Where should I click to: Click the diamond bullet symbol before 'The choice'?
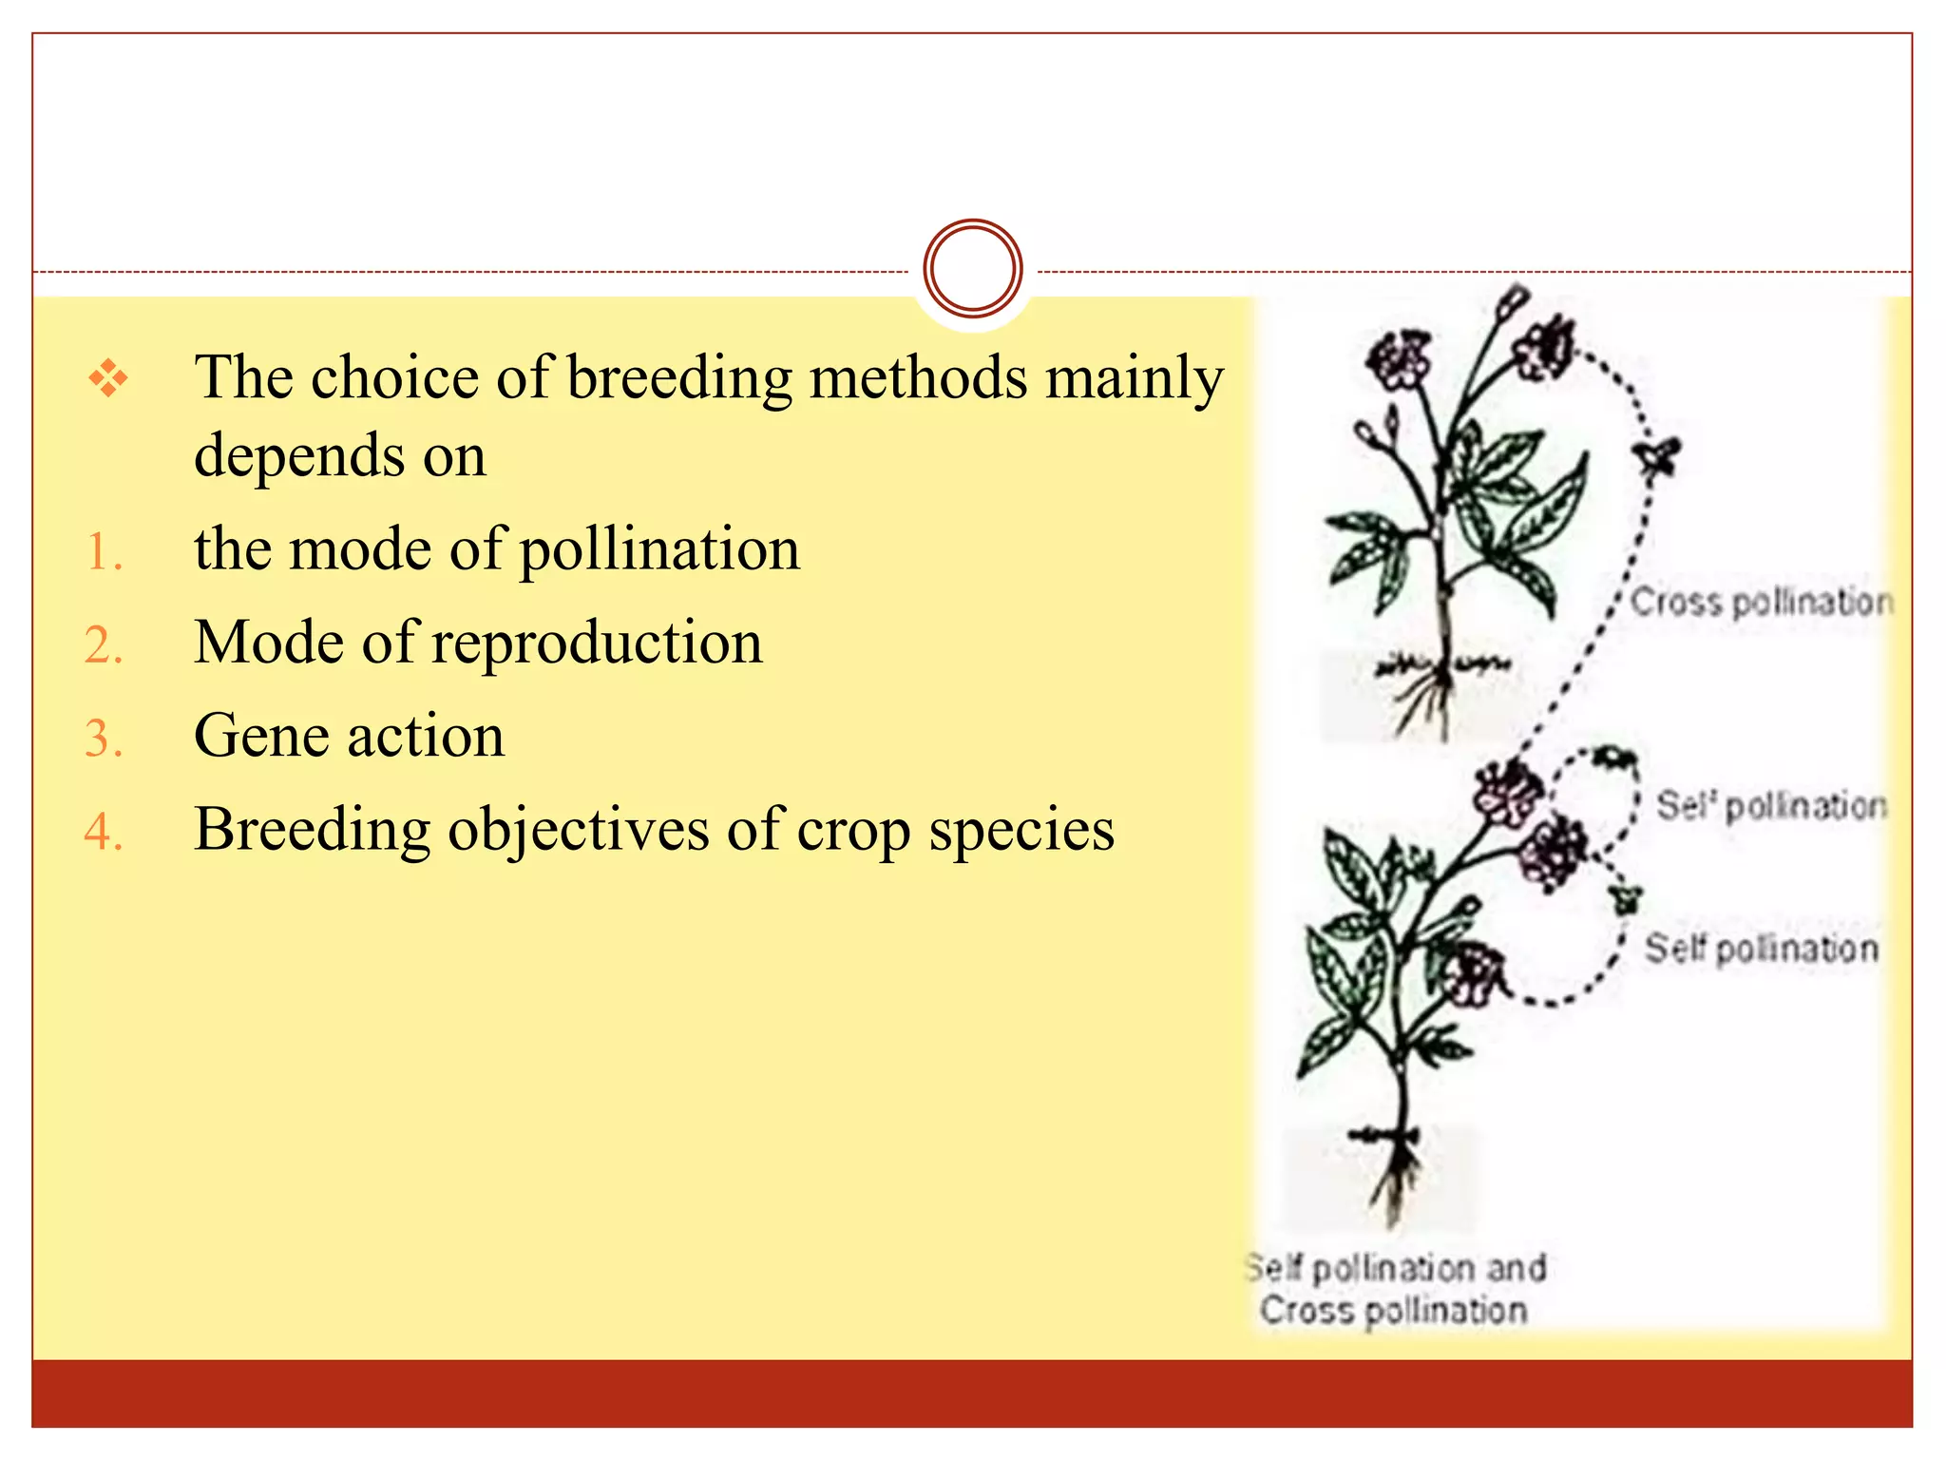[x=108, y=378]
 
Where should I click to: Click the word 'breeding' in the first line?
[x=678, y=378]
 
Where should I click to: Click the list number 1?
[x=104, y=552]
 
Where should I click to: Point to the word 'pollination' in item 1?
[x=659, y=550]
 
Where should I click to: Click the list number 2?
[x=104, y=645]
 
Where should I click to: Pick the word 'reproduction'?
[x=597, y=644]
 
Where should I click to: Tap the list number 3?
[x=104, y=739]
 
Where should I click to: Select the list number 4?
[x=104, y=832]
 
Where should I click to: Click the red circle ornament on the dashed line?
[x=972, y=268]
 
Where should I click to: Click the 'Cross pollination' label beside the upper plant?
[x=1761, y=602]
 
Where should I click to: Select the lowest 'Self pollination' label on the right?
[x=1761, y=949]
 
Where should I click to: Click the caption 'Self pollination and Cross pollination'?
[x=1394, y=1289]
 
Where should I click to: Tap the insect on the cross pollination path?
[x=1657, y=456]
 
